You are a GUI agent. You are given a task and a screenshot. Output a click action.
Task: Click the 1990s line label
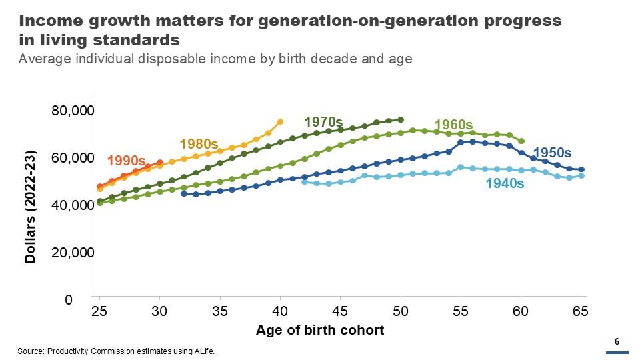click(126, 161)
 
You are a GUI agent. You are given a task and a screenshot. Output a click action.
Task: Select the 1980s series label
click(199, 143)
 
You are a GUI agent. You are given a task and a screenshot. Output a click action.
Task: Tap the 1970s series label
click(323, 122)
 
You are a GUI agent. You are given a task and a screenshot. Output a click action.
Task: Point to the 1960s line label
click(453, 125)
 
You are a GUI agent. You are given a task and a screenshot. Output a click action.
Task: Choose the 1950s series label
click(551, 153)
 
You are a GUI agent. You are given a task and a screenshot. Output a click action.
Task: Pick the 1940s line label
click(505, 183)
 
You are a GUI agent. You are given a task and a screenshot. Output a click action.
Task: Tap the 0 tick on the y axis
click(87, 300)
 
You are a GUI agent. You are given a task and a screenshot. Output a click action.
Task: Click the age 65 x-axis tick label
click(581, 311)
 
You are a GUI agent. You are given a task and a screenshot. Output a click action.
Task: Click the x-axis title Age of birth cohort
click(320, 330)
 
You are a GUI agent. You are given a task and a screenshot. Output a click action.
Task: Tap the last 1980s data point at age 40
click(280, 121)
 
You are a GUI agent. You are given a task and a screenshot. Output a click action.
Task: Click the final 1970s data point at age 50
click(401, 120)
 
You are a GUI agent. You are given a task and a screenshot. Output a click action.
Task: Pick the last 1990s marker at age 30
click(160, 162)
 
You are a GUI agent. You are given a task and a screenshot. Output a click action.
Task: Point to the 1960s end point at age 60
click(521, 141)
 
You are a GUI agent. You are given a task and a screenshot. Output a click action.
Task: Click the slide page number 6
click(617, 342)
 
